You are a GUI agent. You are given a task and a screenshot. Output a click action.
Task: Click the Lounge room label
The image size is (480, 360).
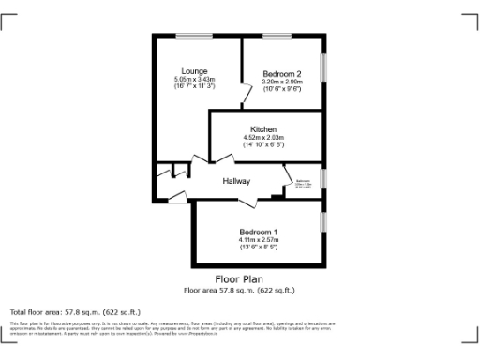point(194,71)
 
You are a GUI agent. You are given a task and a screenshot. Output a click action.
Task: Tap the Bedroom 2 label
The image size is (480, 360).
point(281,74)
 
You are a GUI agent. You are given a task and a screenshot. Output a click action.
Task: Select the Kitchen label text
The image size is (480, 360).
point(262,128)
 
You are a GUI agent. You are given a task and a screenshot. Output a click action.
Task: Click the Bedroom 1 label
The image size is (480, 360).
point(258,232)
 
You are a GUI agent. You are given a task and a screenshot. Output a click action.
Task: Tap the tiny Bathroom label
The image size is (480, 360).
point(304,180)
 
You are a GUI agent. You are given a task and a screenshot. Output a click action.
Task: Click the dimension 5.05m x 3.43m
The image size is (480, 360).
point(194,79)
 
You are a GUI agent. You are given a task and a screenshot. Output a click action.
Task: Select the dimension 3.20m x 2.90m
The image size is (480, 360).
point(281,82)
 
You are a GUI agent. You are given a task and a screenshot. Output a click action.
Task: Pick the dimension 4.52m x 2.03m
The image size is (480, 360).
point(262,137)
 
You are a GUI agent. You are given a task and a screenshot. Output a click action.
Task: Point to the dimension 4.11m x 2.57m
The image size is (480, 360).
point(258,240)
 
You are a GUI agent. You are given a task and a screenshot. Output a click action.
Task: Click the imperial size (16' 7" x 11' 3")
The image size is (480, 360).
point(194,86)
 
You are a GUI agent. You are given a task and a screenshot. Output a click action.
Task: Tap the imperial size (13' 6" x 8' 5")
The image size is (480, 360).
point(258,247)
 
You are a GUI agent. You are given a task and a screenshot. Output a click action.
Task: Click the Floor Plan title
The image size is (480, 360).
point(239,279)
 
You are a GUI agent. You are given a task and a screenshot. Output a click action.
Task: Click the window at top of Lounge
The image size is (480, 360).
point(193,37)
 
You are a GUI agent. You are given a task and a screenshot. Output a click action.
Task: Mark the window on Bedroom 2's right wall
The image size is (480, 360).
point(324,67)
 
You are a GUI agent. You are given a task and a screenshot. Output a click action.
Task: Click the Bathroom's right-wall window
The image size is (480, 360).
point(324,178)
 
